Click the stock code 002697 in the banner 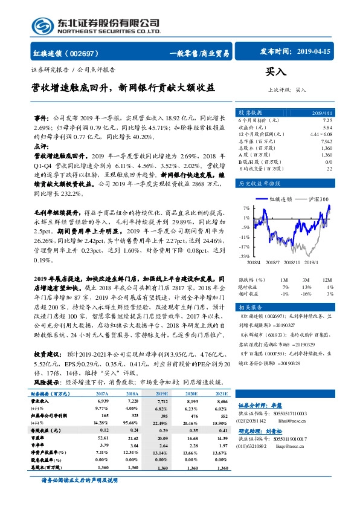tap(89, 53)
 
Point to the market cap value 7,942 tap(325, 141)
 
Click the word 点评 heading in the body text tap(41, 147)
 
